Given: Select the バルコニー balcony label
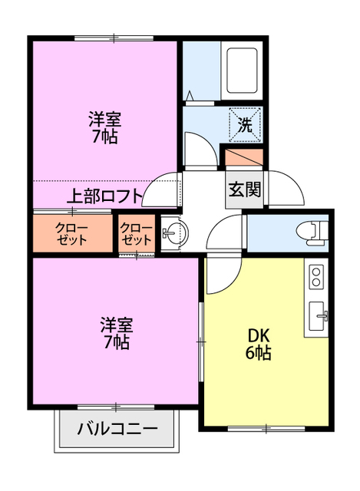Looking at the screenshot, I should [117, 429].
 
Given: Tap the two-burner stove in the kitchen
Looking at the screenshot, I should [317, 277].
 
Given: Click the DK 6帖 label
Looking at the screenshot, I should [258, 344].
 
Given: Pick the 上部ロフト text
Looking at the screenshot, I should [106, 196].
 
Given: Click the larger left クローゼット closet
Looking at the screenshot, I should [71, 233].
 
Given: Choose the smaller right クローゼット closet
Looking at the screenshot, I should [136, 233].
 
